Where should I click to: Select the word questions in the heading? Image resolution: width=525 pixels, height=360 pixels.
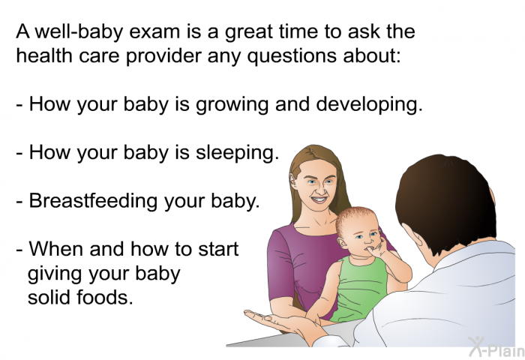pyautogui.click(x=292, y=56)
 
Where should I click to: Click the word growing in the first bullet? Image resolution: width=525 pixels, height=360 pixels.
pyautogui.click(x=232, y=105)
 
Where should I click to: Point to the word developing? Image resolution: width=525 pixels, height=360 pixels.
pyautogui.click(x=369, y=103)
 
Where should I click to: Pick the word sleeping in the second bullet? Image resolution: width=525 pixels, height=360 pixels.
pyautogui.click(x=237, y=153)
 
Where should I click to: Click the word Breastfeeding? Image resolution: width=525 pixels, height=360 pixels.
pyautogui.click(x=93, y=200)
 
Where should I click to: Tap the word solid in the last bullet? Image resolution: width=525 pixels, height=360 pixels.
pyautogui.click(x=49, y=297)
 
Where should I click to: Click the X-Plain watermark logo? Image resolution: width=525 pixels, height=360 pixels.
pyautogui.click(x=496, y=346)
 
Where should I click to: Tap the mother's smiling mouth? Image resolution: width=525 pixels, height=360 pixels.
pyautogui.click(x=319, y=200)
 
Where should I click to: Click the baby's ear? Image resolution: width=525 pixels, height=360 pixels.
pyautogui.click(x=341, y=243)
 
